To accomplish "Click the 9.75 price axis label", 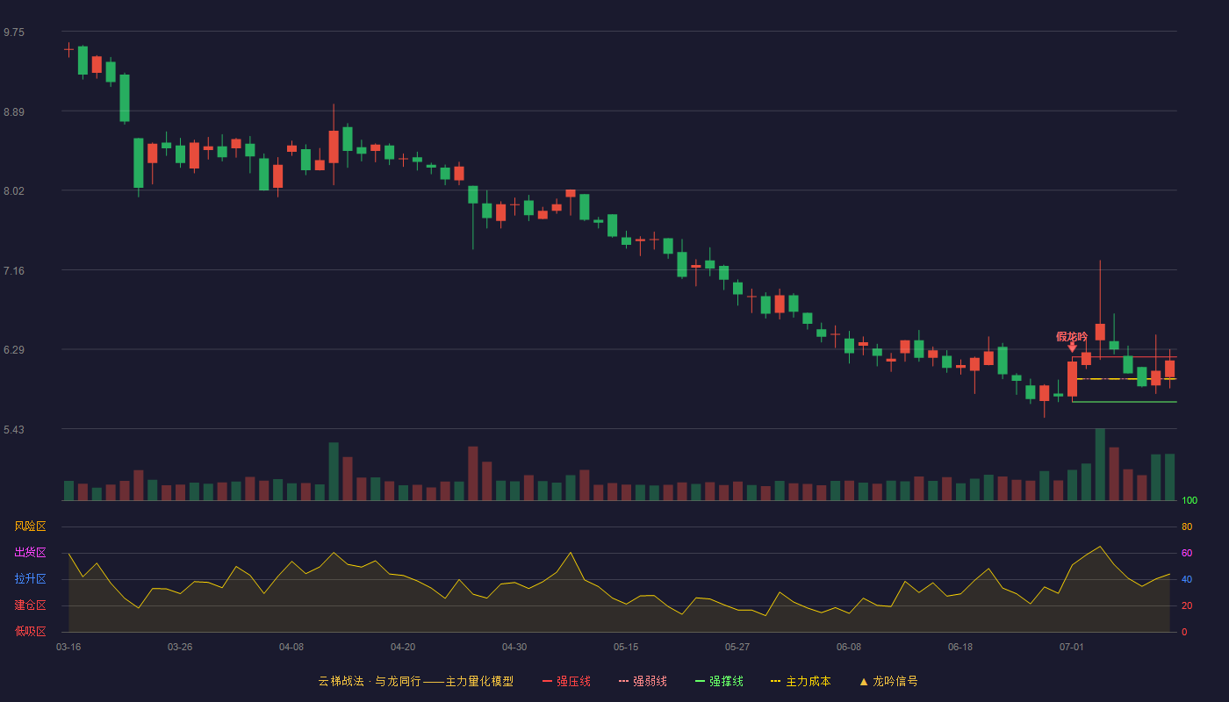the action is [x=14, y=32].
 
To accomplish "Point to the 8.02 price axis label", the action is [x=14, y=191].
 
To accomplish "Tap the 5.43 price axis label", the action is [x=14, y=429].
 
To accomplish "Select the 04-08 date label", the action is [x=291, y=648].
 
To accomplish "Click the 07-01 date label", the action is [x=1072, y=648].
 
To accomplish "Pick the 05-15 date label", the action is [x=626, y=648].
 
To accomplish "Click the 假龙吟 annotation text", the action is [x=1072, y=336].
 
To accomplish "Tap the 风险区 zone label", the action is [x=30, y=526].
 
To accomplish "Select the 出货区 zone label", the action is [x=30, y=552].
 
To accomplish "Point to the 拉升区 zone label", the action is [x=30, y=578].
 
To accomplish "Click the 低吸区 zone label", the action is [x=30, y=631].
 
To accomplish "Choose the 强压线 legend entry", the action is [x=566, y=681].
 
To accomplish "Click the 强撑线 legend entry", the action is [x=719, y=681].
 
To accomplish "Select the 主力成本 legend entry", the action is [x=801, y=681].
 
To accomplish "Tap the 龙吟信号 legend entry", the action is [x=888, y=681].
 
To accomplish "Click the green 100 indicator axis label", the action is [x=1189, y=500].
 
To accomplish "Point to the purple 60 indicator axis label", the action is [x=1187, y=553].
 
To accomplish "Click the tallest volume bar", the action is [x=1100, y=464].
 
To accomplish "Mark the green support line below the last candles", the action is [x=1125, y=402].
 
